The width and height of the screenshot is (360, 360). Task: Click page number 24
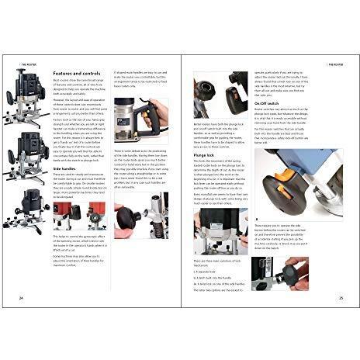[x=21, y=297]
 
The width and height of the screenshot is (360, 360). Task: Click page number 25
[x=340, y=297]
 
